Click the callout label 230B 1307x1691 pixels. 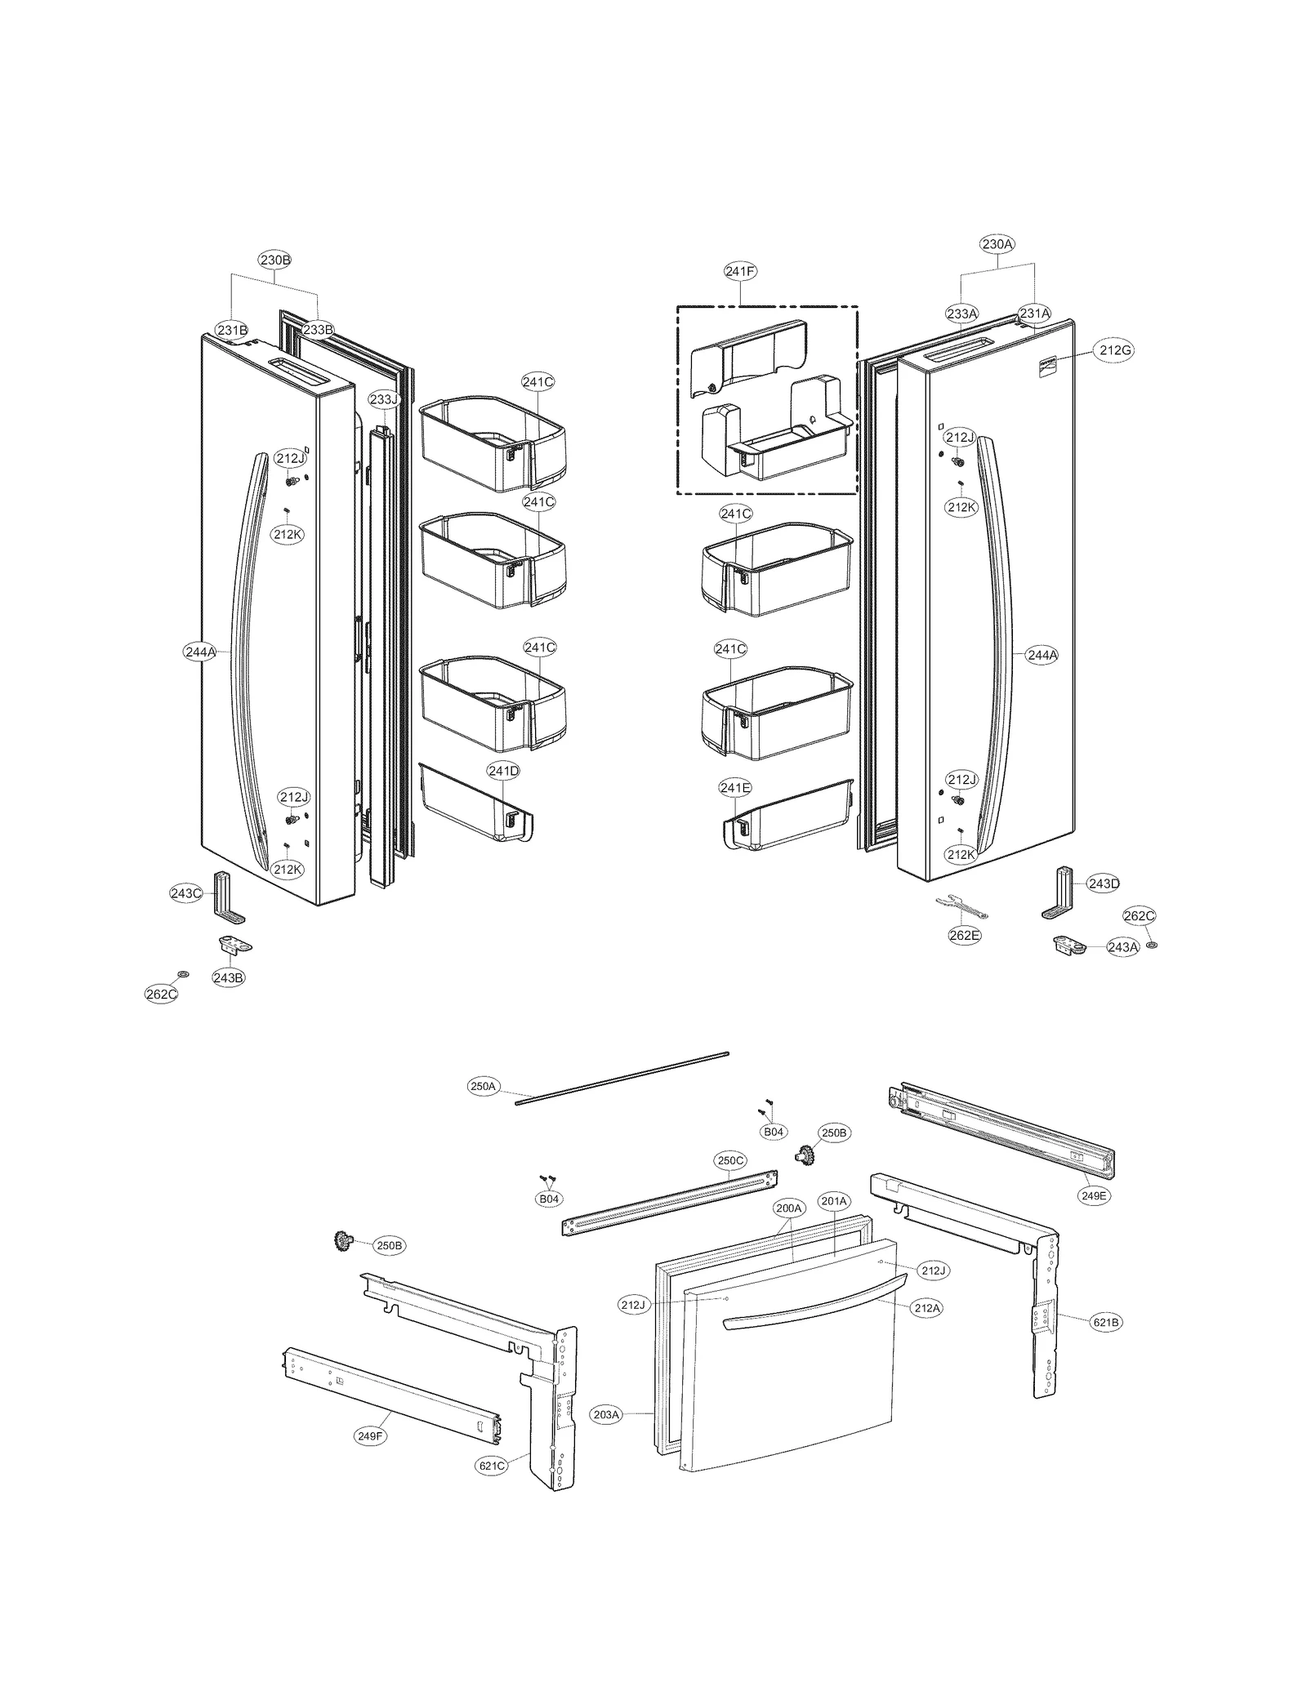pos(274,260)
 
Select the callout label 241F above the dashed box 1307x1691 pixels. pos(740,271)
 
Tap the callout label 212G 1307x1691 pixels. pos(1115,350)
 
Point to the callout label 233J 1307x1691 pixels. pos(383,399)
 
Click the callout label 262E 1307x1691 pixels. pos(964,936)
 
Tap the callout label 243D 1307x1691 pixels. pos(1103,883)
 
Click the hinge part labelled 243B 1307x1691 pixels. pos(234,945)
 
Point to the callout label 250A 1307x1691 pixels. pos(483,1087)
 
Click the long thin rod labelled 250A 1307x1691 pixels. pos(621,1078)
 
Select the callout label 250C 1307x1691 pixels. pos(730,1160)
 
